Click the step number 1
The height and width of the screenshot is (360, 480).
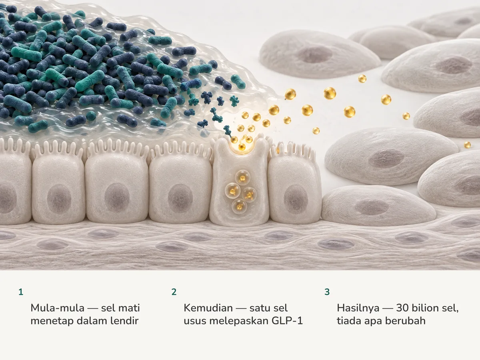(21, 292)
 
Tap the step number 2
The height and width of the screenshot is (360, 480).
(174, 292)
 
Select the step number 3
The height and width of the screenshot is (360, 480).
(327, 292)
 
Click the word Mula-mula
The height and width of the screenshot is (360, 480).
(58, 308)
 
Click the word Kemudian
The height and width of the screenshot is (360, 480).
(208, 308)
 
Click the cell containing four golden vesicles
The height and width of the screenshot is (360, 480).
(239, 182)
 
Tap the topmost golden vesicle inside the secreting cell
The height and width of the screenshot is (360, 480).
(242, 178)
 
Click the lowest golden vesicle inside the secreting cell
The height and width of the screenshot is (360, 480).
(239, 206)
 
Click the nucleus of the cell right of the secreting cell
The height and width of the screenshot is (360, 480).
(296, 198)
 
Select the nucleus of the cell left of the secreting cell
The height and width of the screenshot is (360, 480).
(180, 198)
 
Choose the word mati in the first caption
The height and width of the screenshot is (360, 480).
(129, 308)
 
